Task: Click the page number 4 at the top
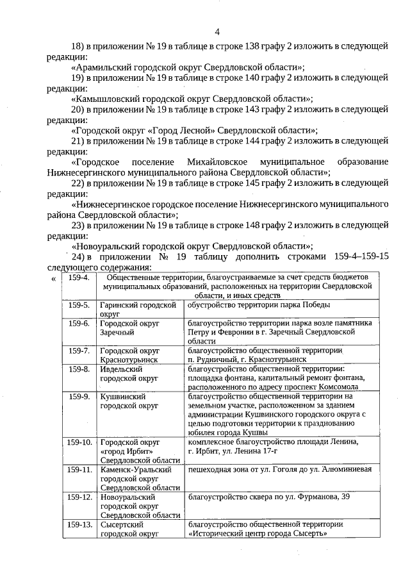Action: click(217, 31)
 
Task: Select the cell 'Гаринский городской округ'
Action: click(138, 310)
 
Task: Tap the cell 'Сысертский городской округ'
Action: click(138, 529)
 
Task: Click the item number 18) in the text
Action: click(78, 46)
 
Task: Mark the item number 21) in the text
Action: click(78, 140)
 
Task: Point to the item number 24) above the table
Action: click(78, 257)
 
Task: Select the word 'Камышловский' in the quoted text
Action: click(105, 99)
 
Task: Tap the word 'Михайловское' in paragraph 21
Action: click(212, 161)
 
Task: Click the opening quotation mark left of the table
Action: click(53, 279)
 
